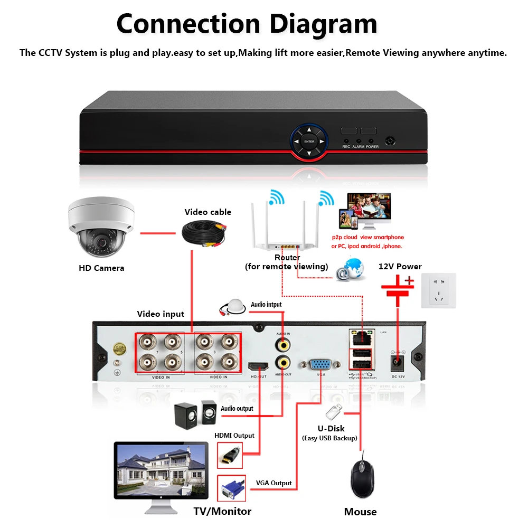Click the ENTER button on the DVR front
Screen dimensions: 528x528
(309, 142)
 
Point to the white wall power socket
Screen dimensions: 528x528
(438, 290)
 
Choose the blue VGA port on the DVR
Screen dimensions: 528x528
(319, 364)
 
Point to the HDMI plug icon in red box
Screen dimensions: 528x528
(230, 455)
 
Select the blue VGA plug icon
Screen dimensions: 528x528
(231, 488)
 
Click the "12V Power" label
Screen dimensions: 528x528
(400, 266)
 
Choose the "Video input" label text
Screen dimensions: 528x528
(161, 314)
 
